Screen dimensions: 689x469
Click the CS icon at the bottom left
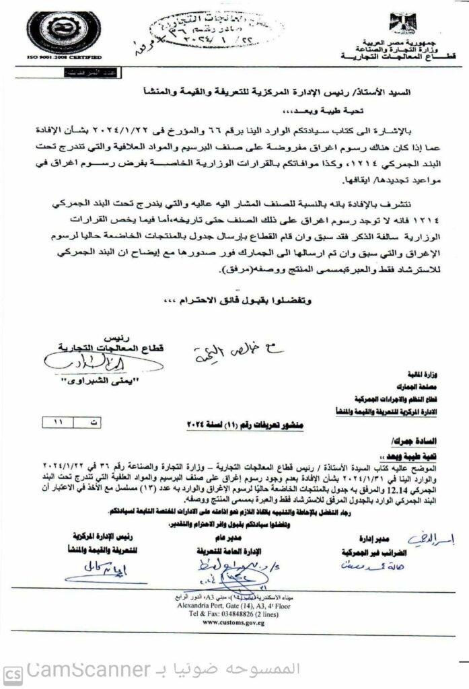[11, 672]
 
